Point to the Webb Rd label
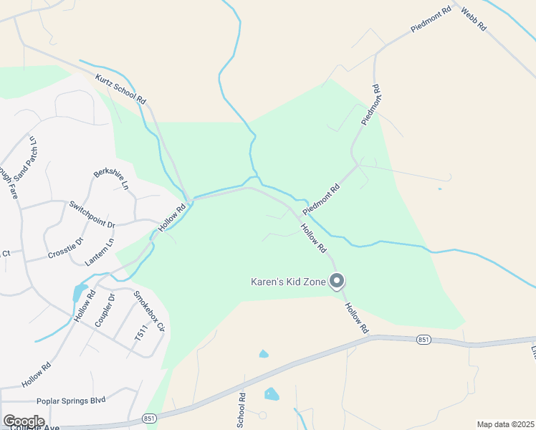[x=474, y=18]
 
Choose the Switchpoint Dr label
[x=92, y=214]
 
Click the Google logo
[x=24, y=421]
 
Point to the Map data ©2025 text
[x=504, y=424]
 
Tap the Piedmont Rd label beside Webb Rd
[x=430, y=19]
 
